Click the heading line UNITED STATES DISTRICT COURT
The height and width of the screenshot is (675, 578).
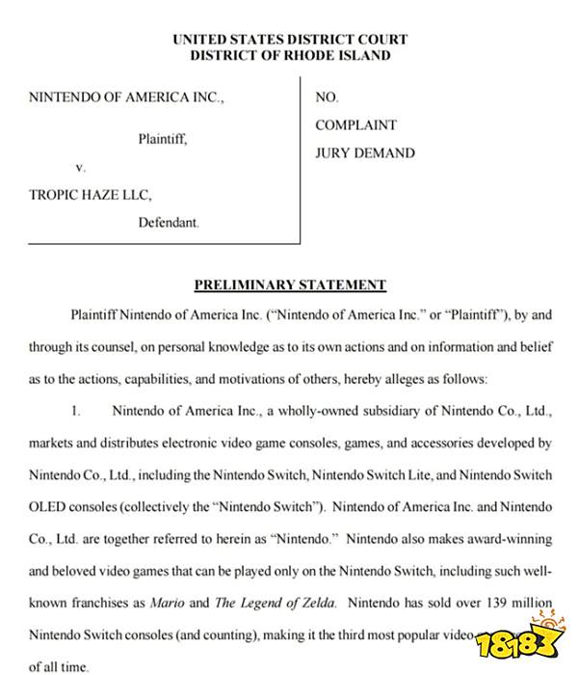(290, 40)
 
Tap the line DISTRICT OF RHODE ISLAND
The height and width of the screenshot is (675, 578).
(290, 55)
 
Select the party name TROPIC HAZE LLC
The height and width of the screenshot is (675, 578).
(91, 194)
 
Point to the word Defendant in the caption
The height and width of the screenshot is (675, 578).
(168, 222)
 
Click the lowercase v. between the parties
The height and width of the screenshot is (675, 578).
(81, 167)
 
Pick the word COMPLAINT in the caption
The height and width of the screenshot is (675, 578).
(355, 125)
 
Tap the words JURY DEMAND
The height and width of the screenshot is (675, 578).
(365, 152)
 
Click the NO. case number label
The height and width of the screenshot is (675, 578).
(326, 97)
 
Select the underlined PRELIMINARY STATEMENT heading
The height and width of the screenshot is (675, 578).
(290, 284)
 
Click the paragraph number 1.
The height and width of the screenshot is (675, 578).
(75, 411)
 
